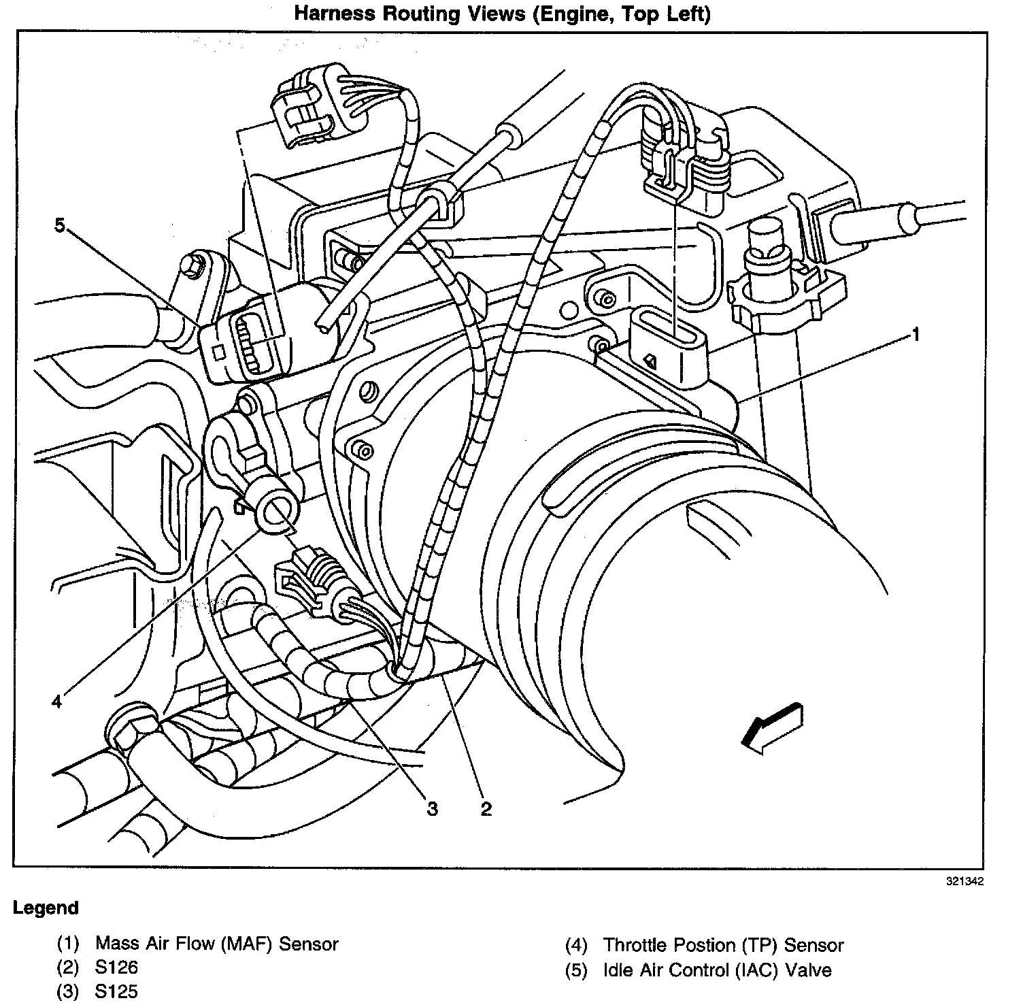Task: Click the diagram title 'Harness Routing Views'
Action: pos(502,14)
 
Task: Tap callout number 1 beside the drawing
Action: pos(916,334)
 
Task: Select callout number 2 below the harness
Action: pos(486,809)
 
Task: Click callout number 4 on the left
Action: pos(57,701)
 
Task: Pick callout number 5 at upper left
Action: pos(60,226)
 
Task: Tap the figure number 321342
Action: pos(963,882)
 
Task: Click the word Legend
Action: pos(46,908)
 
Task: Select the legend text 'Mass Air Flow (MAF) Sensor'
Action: pos(216,944)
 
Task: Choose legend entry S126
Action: pos(117,967)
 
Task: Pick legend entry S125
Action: pos(117,991)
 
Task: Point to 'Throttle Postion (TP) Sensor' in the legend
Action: pos(723,945)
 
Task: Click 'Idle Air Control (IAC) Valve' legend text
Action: pos(717,970)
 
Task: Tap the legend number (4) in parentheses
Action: pos(576,945)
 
